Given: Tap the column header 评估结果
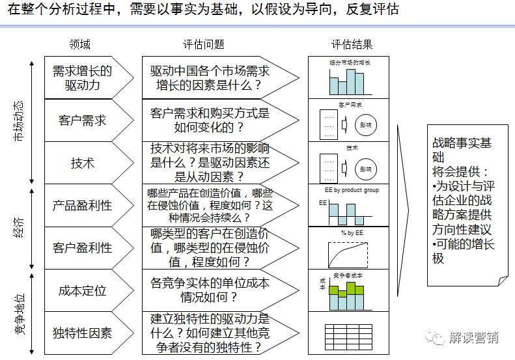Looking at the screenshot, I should pyautogui.click(x=352, y=44).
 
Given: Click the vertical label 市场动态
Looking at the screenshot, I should pyautogui.click(x=19, y=120).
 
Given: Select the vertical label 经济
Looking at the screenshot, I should pyautogui.click(x=19, y=227).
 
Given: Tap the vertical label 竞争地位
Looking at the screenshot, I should pyautogui.click(x=19, y=312).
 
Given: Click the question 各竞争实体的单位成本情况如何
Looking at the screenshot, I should pyautogui.click(x=210, y=290).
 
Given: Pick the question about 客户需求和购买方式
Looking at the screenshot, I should pyautogui.click(x=210, y=120).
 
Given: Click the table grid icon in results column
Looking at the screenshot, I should pyautogui.click(x=348, y=334).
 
